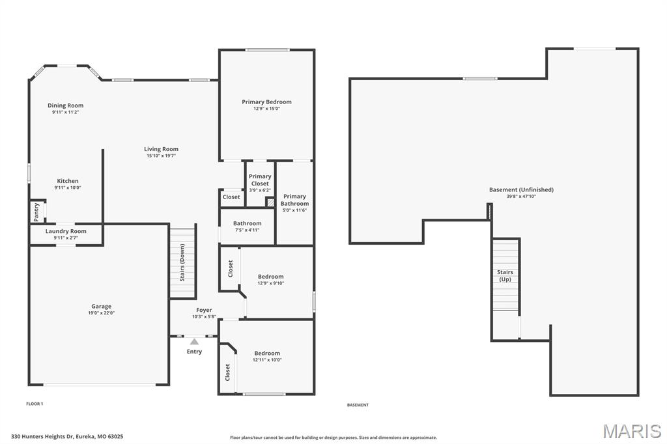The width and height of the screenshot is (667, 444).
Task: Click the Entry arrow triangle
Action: (194, 342)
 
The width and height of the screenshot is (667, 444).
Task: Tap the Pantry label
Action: (36, 212)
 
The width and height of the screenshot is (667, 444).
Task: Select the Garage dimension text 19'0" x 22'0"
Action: (101, 313)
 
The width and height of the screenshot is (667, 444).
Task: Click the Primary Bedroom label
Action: (266, 102)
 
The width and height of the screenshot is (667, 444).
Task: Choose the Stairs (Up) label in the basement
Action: (505, 275)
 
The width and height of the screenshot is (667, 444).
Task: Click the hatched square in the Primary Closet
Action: (270, 202)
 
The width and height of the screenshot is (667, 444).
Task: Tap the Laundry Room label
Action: (66, 231)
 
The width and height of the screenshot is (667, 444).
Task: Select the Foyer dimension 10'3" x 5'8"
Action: (204, 317)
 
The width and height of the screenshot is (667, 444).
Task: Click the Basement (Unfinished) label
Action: (521, 189)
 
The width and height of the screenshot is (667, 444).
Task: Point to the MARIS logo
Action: (632, 431)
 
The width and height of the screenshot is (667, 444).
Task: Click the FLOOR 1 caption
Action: (35, 404)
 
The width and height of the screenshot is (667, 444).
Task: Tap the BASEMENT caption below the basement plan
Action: (358, 406)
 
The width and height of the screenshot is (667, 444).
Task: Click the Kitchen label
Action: (68, 181)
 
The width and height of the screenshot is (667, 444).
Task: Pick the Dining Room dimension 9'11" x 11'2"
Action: (66, 112)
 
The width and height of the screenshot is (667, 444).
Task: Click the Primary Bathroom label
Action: (294, 200)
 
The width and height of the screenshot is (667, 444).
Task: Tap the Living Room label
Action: (162, 149)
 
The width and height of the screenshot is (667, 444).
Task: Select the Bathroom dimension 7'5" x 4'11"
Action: (247, 230)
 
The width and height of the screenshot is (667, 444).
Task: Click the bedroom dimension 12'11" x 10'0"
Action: (267, 360)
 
